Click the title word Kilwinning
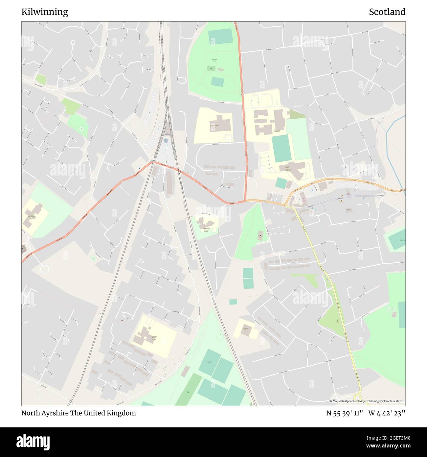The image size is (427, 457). [x=45, y=12]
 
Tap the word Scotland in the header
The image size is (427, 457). [x=387, y=12]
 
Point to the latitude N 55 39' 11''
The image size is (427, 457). [x=345, y=413]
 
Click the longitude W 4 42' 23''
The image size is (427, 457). [x=387, y=413]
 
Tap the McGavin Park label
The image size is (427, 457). [x=214, y=60]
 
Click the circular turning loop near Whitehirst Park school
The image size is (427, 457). [x=44, y=269]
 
